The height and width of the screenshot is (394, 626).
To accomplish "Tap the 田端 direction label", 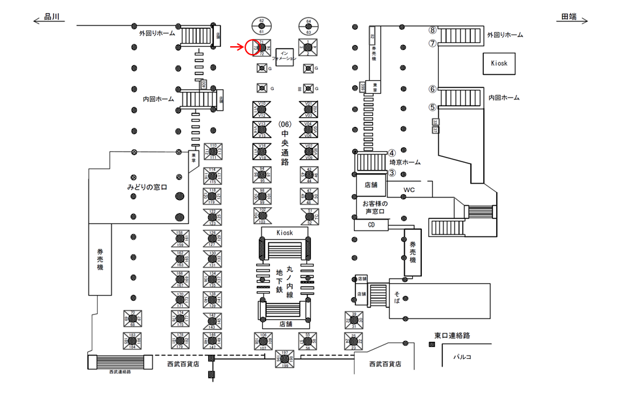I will tap(569, 18).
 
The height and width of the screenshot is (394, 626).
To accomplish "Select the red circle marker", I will tap(252, 48).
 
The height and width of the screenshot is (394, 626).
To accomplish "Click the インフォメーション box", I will tap(284, 55).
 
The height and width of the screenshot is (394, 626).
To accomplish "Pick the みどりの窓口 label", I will tap(147, 188).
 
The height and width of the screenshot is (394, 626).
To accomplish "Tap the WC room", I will tap(409, 190).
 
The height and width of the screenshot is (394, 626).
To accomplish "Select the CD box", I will tap(372, 225).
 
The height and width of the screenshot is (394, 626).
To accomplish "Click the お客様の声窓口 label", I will tap(374, 207).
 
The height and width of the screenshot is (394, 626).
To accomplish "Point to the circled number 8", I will tap(432, 30).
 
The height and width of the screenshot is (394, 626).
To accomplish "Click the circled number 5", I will tap(432, 107).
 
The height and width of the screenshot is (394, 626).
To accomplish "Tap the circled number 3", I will tap(392, 173).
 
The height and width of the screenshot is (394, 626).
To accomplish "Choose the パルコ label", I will tap(464, 356).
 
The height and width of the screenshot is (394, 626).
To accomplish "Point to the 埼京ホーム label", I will tap(405, 163).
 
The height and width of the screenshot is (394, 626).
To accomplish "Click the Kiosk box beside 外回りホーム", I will tap(499, 63).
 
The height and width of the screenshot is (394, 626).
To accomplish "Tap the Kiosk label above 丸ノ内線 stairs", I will tap(284, 232).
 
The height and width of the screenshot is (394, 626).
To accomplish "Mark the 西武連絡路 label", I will tap(121, 371).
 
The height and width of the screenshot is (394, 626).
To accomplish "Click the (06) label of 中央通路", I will tap(284, 124).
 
